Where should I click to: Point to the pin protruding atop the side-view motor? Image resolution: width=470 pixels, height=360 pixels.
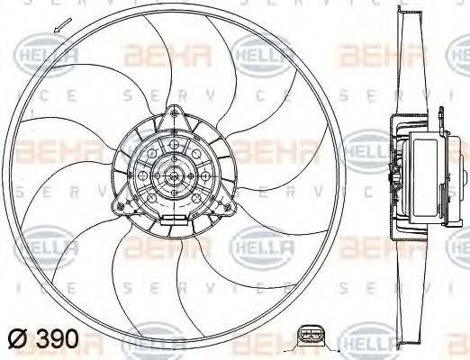[x=442, y=112]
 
